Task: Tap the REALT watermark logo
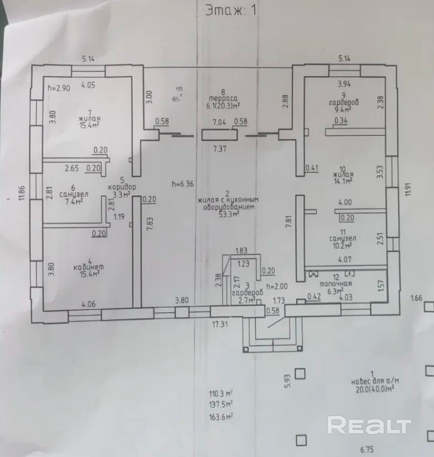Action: (369, 425)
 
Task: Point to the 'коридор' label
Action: (122, 187)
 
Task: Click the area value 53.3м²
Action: (229, 214)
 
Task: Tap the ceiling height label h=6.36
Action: (182, 184)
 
